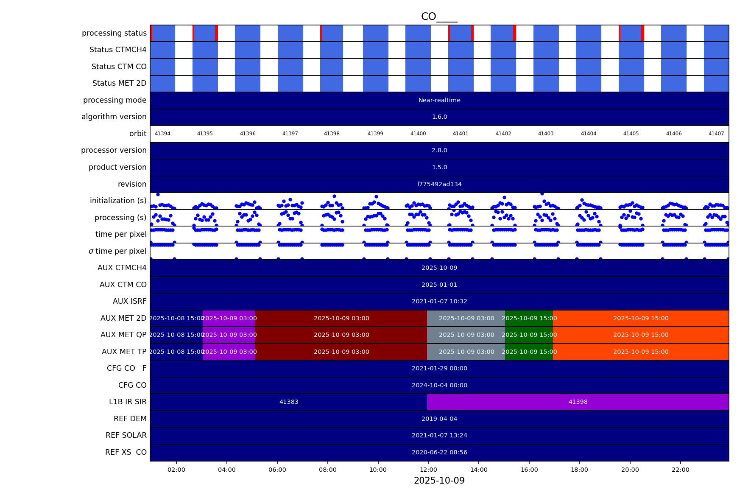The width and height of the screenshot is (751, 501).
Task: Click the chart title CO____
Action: click(x=439, y=17)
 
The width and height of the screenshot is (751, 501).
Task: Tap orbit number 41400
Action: click(x=418, y=134)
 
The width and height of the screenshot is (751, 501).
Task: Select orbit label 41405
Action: click(x=631, y=134)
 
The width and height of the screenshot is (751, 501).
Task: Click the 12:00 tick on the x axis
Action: click(x=428, y=470)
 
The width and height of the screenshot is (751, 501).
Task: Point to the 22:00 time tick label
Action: click(x=680, y=470)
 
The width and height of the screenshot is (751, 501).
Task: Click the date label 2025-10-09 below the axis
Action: click(x=439, y=481)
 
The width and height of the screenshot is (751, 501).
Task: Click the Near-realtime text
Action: click(x=439, y=101)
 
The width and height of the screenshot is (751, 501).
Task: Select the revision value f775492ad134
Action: click(x=439, y=184)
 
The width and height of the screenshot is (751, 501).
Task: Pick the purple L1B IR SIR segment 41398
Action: click(x=578, y=402)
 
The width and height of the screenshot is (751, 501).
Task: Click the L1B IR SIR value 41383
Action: click(x=289, y=402)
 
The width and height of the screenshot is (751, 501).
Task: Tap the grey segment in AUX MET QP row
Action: click(x=466, y=335)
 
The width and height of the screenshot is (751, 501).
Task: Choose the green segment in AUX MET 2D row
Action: click(x=529, y=318)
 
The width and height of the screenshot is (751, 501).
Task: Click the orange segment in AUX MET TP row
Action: click(x=640, y=352)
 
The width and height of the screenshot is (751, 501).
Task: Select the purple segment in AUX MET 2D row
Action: click(x=229, y=318)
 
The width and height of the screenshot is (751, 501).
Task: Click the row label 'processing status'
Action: click(x=114, y=33)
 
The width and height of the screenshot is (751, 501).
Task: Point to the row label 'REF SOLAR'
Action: click(x=126, y=435)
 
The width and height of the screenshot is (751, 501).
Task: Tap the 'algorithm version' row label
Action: click(x=114, y=117)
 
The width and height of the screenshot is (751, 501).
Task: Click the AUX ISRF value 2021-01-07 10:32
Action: click(x=439, y=301)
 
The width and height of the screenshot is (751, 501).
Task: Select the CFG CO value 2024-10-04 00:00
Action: click(x=439, y=385)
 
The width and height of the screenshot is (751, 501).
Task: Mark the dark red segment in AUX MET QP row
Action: click(x=341, y=335)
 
